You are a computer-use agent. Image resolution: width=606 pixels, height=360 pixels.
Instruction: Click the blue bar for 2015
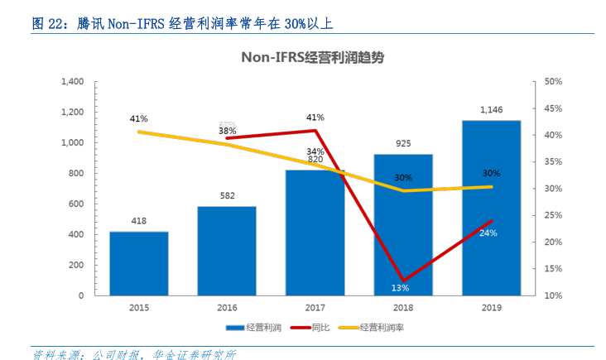pyautogui.click(x=139, y=263)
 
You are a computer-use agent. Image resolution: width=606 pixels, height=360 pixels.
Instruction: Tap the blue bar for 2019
pyautogui.click(x=492, y=208)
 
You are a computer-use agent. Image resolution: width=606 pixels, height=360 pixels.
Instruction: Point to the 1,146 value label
pyautogui.click(x=492, y=109)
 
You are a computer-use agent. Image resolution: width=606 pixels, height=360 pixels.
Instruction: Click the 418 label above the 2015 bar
pyautogui.click(x=139, y=221)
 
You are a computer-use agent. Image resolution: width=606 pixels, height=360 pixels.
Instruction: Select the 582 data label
pyautogui.click(x=227, y=196)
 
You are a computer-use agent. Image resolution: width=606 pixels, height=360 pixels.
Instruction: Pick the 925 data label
pyautogui.click(x=403, y=143)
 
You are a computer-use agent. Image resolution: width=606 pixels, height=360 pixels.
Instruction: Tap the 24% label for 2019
pyautogui.click(x=488, y=233)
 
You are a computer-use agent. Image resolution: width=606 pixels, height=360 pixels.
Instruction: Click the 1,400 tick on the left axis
pyautogui.click(x=73, y=81)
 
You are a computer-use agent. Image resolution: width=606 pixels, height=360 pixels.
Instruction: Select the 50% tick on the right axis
pyautogui.click(x=553, y=81)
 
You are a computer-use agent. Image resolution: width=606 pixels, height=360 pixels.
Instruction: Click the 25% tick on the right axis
pyautogui.click(x=553, y=215)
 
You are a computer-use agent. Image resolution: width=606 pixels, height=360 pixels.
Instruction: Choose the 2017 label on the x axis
pyautogui.click(x=315, y=306)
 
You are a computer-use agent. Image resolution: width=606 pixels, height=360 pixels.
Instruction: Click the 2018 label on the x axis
pyautogui.click(x=403, y=306)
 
